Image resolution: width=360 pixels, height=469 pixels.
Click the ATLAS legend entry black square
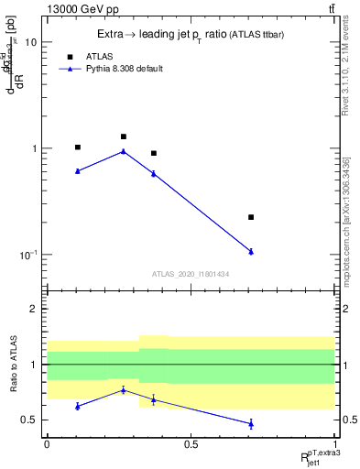(x=70, y=56)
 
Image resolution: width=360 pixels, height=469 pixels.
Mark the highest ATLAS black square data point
(x=124, y=136)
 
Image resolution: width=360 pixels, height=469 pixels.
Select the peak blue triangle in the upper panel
(x=124, y=151)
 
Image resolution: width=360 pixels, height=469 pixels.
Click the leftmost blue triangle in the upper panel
(x=78, y=170)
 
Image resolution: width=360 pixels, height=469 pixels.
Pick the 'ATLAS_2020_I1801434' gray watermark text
(x=190, y=274)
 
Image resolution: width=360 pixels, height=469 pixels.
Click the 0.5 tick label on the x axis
(x=191, y=443)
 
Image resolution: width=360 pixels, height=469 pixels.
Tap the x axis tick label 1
(x=334, y=443)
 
